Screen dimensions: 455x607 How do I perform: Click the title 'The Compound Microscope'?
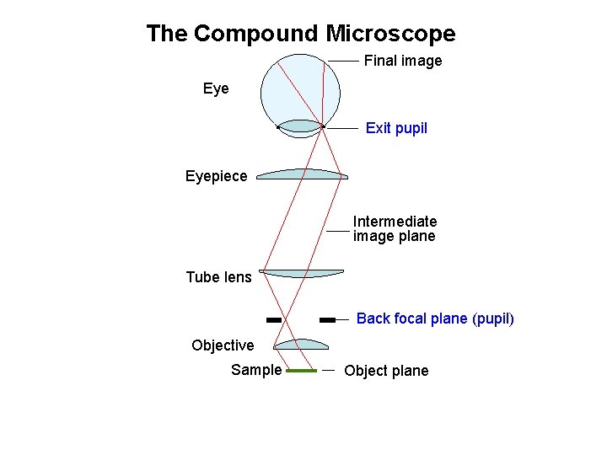pos(300,34)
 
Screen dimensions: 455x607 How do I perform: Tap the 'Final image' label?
pos(402,61)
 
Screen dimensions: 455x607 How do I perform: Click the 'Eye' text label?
pos(216,88)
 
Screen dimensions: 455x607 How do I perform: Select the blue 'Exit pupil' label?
pos(396,128)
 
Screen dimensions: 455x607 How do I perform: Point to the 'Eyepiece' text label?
pos(217,176)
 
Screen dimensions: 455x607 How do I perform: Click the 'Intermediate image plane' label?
pos(395,229)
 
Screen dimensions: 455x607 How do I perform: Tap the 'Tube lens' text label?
pos(218,277)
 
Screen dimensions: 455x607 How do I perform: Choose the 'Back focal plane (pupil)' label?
pos(435,318)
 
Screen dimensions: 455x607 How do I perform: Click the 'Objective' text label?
pos(223,345)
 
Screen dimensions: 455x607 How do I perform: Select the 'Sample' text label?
pos(256,370)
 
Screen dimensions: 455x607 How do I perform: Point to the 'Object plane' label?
pos(386,371)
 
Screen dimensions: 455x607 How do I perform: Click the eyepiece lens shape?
pos(302,174)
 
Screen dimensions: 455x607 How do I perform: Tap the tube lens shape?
pos(302,273)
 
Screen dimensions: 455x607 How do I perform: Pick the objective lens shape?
pos(302,344)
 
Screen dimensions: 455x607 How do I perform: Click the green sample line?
pos(301,370)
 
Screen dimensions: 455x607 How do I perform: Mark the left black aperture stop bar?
pos(273,320)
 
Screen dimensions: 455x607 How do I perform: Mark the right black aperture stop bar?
pos(328,320)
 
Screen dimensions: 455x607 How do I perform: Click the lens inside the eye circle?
pos(301,126)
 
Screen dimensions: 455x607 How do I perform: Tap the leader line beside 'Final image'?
pos(343,61)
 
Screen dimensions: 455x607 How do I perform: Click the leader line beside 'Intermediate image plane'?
pos(338,230)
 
